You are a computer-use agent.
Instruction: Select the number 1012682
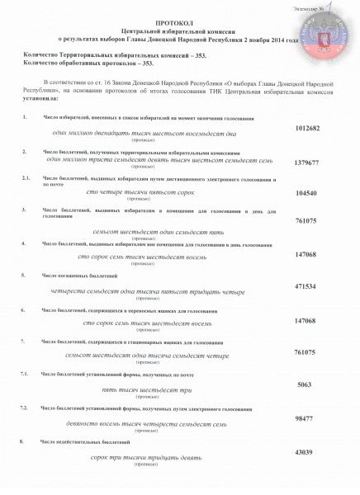[308, 130]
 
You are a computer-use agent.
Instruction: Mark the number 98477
[308, 419]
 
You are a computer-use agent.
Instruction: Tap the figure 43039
[308, 453]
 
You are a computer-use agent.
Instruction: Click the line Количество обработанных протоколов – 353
[78, 63]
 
